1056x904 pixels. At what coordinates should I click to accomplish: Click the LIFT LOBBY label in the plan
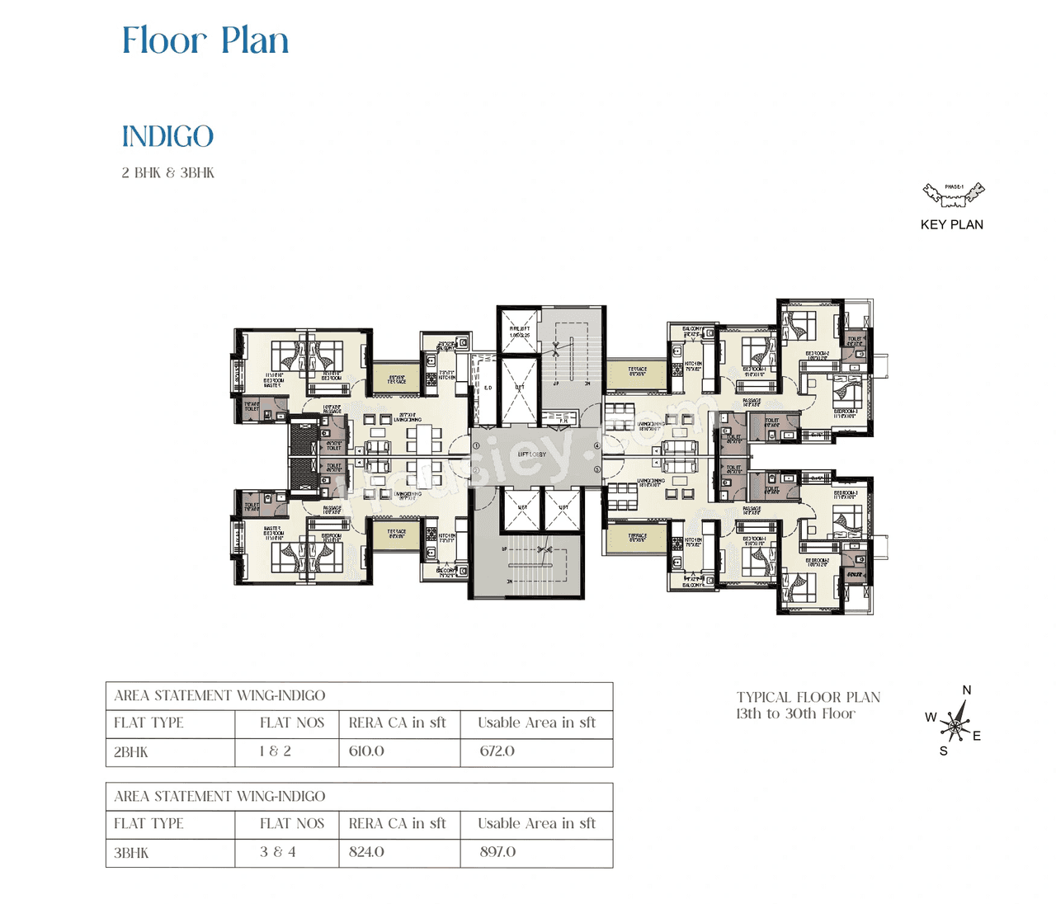pos(532,454)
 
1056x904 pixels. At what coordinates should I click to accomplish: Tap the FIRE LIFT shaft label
pos(520,332)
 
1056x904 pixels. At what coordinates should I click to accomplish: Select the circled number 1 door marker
pos(476,445)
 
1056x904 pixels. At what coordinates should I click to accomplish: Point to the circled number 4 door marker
pos(596,445)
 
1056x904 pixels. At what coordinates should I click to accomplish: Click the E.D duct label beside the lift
pos(488,388)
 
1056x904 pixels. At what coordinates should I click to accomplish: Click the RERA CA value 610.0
pos(366,751)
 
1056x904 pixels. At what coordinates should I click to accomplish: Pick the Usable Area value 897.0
pos(497,852)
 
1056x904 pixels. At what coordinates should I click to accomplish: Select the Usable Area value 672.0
pos(497,751)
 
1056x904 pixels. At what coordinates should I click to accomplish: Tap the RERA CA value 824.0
pos(366,852)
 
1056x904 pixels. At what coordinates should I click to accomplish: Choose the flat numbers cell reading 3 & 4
pos(277,852)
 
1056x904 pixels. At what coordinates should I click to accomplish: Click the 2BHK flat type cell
pos(131,752)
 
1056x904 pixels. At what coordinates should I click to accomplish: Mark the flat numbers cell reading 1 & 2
pos(275,751)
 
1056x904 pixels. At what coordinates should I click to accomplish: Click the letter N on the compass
pos(967,690)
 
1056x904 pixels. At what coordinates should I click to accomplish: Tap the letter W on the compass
pos(931,717)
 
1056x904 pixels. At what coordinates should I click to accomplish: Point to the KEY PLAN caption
pos(952,224)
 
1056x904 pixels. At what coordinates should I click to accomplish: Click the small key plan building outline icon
pos(954,194)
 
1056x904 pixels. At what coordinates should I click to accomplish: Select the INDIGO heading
pos(167,137)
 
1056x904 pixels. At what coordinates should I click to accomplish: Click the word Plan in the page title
pos(255,41)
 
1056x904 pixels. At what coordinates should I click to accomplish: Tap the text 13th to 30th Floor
pos(795,714)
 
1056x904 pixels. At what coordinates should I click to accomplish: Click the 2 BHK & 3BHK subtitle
pos(167,173)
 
